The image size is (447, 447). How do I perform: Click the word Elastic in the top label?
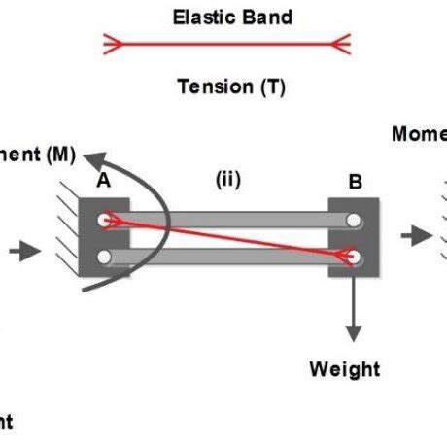click(x=199, y=17)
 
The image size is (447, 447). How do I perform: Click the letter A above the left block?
click(x=104, y=181)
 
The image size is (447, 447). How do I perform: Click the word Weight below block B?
click(x=344, y=369)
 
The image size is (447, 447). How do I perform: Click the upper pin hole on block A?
click(x=105, y=221)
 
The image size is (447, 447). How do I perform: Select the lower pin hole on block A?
click(x=105, y=257)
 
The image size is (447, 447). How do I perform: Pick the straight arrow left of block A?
click(x=24, y=251)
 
